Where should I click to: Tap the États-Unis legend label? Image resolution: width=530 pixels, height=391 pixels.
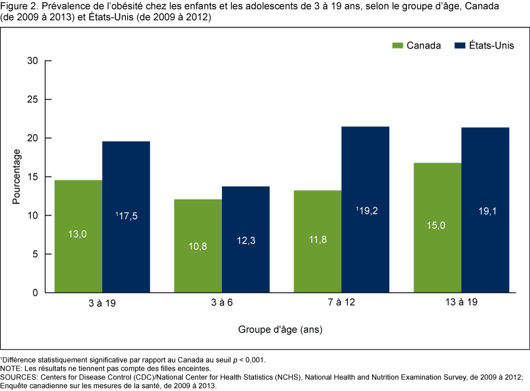(x=491, y=45)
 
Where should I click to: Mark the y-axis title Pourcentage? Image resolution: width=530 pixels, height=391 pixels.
(x=17, y=176)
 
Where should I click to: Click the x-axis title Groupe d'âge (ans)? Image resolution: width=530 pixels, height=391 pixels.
(x=280, y=330)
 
